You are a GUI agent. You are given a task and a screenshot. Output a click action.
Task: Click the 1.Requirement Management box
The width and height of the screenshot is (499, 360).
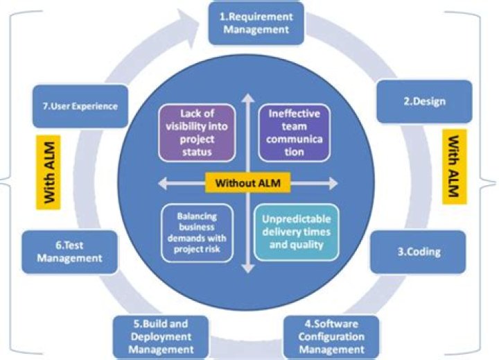pos(257,23)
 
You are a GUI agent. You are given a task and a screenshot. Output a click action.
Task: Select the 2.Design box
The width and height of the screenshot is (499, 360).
pos(425,101)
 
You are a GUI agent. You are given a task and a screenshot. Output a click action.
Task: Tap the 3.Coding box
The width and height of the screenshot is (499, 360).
pos(418,251)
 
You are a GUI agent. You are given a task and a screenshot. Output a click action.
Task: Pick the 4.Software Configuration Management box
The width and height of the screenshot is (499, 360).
pos(331,337)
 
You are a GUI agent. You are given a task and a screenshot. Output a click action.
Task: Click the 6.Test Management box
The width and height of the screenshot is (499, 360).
pos(71,250)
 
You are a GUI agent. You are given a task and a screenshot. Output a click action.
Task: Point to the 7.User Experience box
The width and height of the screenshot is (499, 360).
pos(80,107)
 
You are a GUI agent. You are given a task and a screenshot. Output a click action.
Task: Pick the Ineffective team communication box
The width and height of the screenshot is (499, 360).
pos(294,132)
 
